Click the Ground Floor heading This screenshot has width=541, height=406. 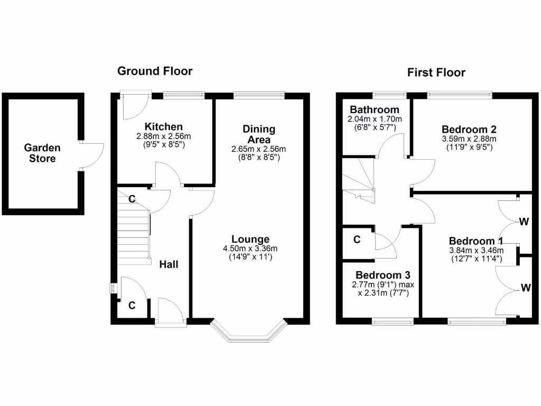[x=155, y=71]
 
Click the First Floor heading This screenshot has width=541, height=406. [x=436, y=73]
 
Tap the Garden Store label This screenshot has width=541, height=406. [x=42, y=153]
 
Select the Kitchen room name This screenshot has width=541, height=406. [x=164, y=127]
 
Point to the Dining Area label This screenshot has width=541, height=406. [x=259, y=134]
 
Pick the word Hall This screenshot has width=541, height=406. [x=169, y=264]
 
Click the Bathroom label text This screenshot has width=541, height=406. [x=374, y=110]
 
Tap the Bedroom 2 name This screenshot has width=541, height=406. [x=469, y=129]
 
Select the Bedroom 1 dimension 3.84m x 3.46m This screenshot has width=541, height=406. [x=475, y=251]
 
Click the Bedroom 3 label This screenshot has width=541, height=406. [x=383, y=275]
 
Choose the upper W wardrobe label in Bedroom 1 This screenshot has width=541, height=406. [x=524, y=222]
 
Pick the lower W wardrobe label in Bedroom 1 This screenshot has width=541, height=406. [x=525, y=288]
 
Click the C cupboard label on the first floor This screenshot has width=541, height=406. [x=357, y=240]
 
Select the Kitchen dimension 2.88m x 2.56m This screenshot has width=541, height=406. [x=164, y=136]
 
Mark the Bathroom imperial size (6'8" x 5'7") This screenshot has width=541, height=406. [x=374, y=127]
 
